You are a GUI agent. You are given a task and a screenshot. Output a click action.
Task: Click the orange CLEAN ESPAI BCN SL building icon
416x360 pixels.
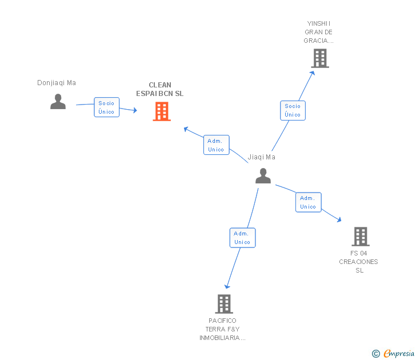point(162,111)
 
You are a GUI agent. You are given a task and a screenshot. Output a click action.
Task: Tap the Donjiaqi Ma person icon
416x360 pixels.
point(58,101)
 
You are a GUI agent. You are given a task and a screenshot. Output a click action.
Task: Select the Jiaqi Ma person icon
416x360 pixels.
point(263,176)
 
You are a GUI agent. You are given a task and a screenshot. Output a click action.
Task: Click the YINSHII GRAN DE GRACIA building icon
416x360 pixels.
point(319,58)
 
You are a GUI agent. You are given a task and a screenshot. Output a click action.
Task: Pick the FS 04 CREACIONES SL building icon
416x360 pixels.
point(360,236)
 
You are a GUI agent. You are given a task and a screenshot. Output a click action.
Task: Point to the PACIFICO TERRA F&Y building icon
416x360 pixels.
point(224,303)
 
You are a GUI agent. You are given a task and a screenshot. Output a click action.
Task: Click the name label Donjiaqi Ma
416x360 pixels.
point(57,83)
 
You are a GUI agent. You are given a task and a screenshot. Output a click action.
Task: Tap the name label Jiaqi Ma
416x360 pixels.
point(262,157)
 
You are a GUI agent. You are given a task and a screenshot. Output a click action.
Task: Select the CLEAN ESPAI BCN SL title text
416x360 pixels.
point(160,89)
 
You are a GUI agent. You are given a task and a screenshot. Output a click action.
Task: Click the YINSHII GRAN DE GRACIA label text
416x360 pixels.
point(319,32)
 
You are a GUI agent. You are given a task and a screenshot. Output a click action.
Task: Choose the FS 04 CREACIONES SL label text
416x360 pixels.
point(359,262)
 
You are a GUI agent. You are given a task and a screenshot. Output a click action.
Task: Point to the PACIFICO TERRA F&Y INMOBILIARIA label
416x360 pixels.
point(222,329)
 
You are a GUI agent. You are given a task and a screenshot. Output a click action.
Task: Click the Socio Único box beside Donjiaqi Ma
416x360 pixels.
point(106,107)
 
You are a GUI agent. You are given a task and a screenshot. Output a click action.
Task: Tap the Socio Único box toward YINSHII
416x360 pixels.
point(293,110)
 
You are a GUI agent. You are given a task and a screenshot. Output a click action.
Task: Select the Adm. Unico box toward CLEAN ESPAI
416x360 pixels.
point(216,145)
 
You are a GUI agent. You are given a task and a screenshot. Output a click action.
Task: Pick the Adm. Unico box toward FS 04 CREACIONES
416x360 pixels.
point(308,202)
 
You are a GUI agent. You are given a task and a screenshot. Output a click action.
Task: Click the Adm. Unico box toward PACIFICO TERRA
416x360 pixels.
point(242,238)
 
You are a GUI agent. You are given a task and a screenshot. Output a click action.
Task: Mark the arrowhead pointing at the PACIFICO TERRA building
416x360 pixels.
point(227,286)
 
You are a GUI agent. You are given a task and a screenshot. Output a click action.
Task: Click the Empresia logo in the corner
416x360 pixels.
point(393,354)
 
